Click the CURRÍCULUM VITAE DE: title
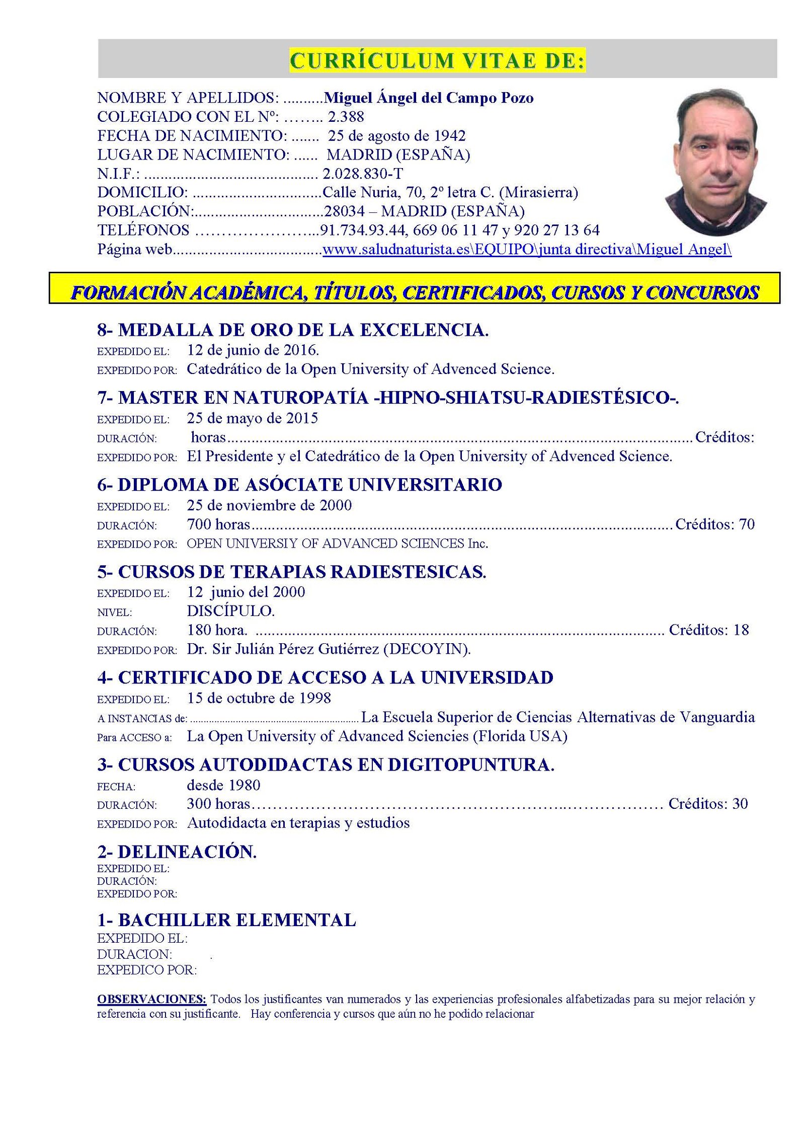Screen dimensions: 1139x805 (x=437, y=61)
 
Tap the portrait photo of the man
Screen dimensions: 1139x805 (x=715, y=163)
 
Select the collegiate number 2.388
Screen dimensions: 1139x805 (x=346, y=117)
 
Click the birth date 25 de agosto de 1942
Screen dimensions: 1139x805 (x=396, y=136)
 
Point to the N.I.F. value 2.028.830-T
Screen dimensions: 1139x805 (x=362, y=174)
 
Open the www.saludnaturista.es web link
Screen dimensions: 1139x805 (x=526, y=249)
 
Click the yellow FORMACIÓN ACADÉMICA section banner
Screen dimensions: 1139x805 (x=414, y=293)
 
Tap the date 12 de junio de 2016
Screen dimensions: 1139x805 (x=253, y=350)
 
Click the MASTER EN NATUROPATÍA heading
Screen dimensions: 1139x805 (x=388, y=398)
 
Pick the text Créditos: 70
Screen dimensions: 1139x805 (x=714, y=524)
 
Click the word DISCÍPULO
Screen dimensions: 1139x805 (x=230, y=611)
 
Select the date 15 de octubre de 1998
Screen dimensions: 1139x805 (x=259, y=698)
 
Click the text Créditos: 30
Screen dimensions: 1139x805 (x=707, y=804)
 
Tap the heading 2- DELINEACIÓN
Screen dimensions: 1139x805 (x=177, y=852)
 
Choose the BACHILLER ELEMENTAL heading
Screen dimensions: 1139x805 (x=226, y=920)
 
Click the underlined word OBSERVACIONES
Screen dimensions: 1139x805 (x=151, y=999)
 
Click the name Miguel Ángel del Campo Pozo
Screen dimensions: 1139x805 (x=429, y=98)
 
